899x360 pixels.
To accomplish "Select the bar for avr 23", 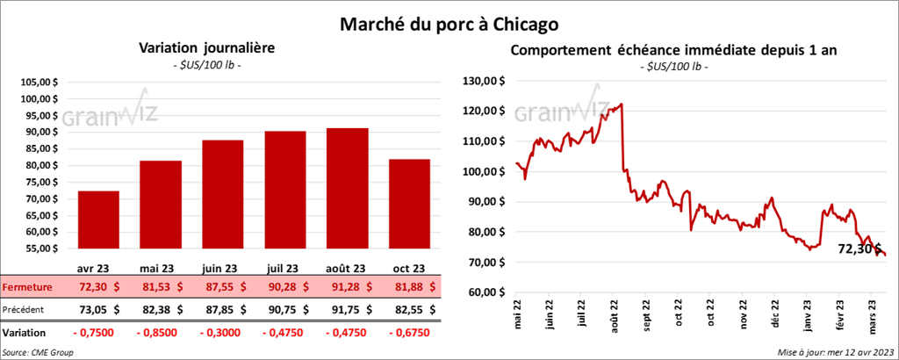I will (98, 220).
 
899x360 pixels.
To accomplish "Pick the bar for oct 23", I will (410, 205).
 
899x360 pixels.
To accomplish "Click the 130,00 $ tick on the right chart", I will (481, 81).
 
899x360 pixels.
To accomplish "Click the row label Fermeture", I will (27, 286).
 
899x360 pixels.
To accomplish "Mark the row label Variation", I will (25, 334).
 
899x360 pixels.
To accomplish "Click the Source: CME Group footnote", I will (38, 352).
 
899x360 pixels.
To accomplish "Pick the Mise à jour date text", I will (836, 352).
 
